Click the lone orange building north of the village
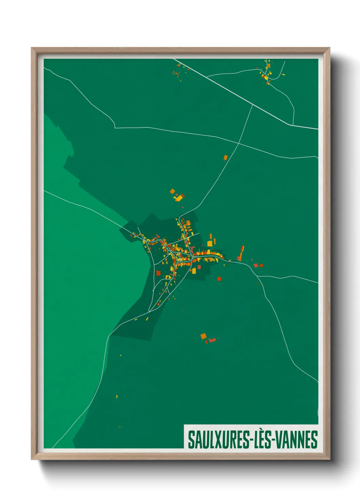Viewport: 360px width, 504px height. (225, 157)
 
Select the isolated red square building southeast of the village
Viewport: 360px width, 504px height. (219, 279)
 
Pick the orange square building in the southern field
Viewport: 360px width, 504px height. (203, 336)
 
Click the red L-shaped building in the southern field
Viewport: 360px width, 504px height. (212, 340)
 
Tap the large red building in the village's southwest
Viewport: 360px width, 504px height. (158, 273)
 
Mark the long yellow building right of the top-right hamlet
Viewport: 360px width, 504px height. (283, 74)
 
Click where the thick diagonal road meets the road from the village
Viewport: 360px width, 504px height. (252, 105)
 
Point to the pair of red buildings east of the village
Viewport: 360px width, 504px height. (258, 265)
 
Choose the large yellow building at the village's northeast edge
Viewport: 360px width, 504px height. (210, 243)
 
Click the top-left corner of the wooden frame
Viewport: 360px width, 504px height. (32, 48)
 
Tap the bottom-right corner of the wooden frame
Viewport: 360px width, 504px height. (329, 459)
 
